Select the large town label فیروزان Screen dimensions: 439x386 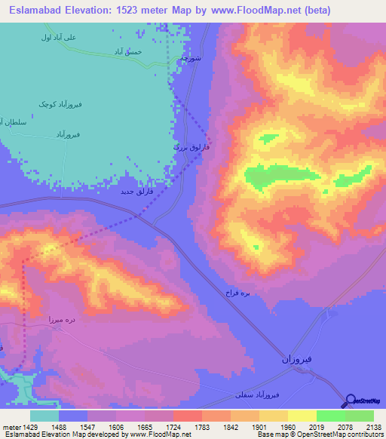tap(299, 358)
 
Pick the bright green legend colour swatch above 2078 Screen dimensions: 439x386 tap(330, 416)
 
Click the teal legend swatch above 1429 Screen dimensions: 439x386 tap(44, 416)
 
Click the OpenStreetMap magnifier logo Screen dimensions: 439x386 tap(350, 401)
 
